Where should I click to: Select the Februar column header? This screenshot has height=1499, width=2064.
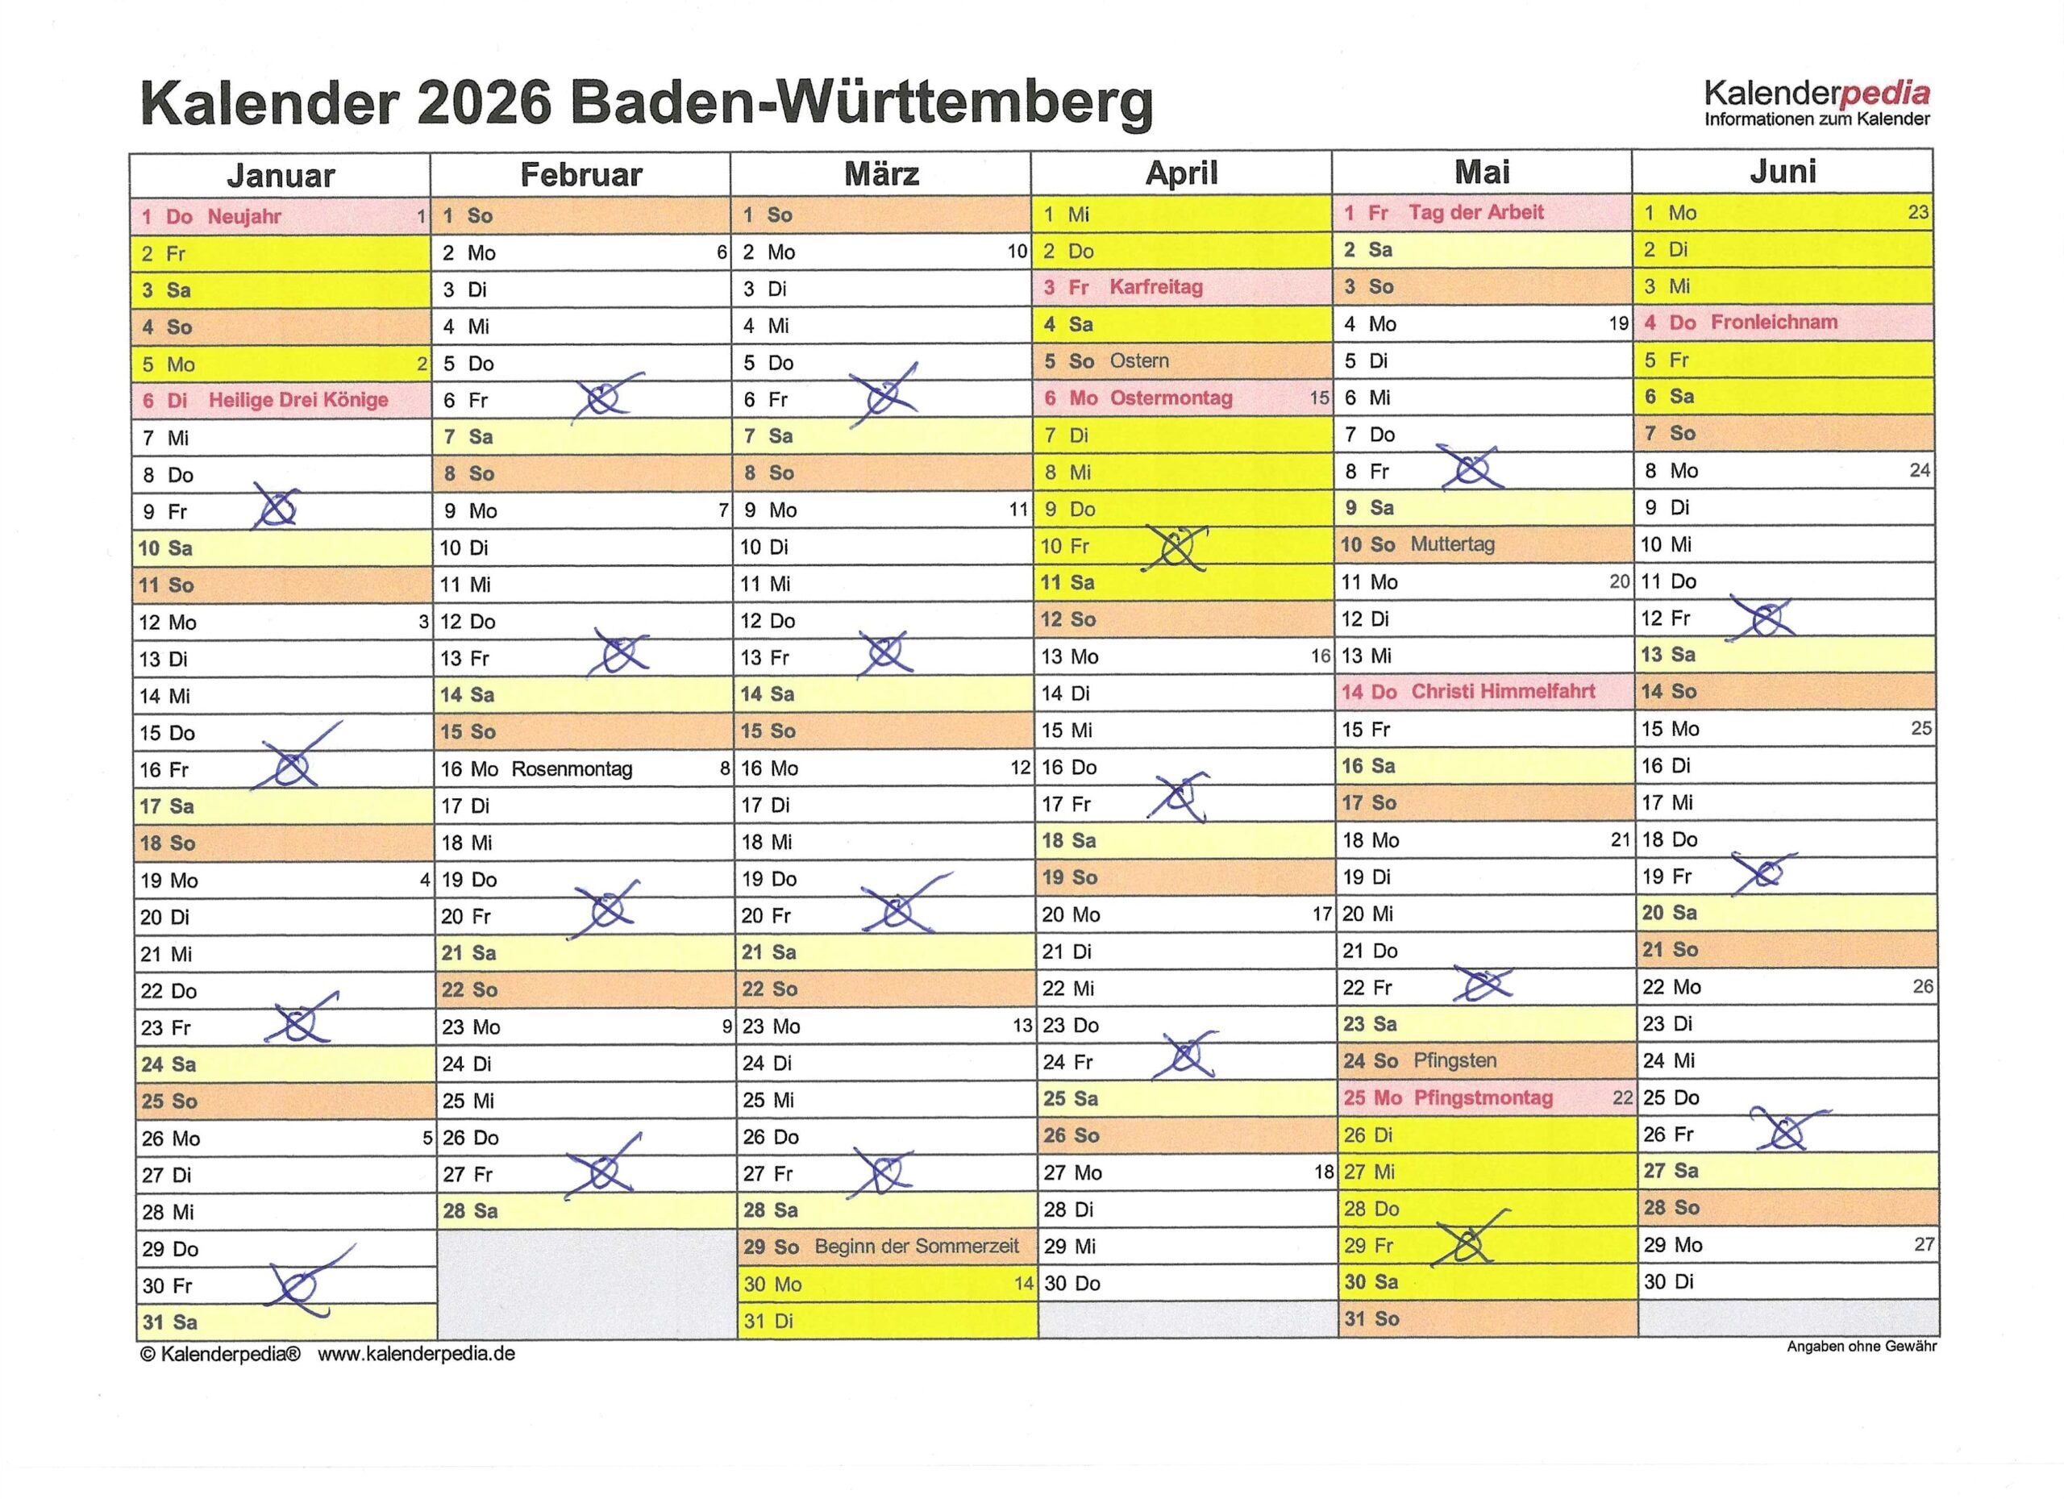click(580, 175)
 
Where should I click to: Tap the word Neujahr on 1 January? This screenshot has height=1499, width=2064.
click(244, 217)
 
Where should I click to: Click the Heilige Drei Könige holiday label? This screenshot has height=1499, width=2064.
click(298, 400)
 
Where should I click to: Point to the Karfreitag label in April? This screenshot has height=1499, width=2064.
click(1156, 288)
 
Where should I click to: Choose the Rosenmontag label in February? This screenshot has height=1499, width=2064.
click(572, 769)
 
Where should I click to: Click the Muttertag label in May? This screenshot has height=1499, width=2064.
click(1452, 544)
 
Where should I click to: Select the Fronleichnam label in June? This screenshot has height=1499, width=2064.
click(1774, 323)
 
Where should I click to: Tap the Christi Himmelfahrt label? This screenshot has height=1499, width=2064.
click(1503, 692)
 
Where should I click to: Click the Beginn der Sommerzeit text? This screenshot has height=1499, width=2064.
click(917, 1247)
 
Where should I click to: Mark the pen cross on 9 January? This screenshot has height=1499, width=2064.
click(276, 508)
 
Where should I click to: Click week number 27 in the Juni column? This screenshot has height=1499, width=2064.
click(1923, 1244)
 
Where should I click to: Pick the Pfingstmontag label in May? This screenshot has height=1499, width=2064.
click(1483, 1097)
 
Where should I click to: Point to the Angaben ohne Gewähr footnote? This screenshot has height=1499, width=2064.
click(1861, 1346)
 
